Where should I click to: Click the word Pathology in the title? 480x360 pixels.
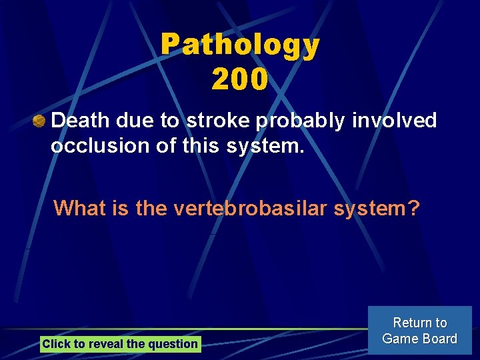tap(240, 45)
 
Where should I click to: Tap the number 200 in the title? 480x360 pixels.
tap(240, 79)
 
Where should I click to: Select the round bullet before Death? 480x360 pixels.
tap(40, 121)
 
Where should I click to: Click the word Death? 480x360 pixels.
tap(80, 121)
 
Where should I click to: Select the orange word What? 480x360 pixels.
tap(79, 208)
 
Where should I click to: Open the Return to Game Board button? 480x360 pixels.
tap(419, 331)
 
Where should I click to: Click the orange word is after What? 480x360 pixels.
tap(121, 208)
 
